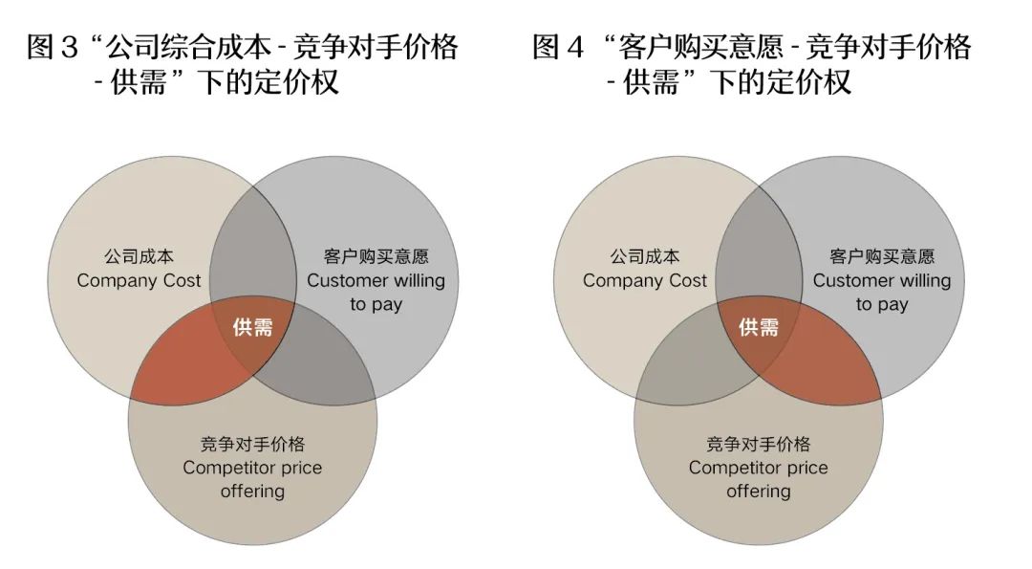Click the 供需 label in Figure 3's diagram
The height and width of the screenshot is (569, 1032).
coord(252,327)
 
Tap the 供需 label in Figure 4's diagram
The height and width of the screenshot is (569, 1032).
coord(759,327)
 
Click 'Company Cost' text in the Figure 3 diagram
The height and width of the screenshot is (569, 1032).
coord(139,280)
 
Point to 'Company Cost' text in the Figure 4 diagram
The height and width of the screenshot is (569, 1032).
coord(645,280)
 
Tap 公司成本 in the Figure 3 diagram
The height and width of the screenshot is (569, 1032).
coord(139,257)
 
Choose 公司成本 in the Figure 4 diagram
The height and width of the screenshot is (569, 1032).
coord(645,257)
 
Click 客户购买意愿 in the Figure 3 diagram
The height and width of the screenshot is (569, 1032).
coord(376,257)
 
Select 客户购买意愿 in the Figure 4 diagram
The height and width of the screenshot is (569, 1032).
coord(882,257)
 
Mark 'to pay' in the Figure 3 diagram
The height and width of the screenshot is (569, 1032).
coord(376,304)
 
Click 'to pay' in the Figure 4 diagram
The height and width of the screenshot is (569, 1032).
coord(882,304)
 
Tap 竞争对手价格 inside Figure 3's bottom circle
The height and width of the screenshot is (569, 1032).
coord(252,445)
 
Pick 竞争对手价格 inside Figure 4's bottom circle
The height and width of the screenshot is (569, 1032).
coord(759,445)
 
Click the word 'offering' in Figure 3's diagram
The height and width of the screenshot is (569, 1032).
coord(252,492)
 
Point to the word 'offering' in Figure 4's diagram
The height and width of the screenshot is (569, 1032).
coord(759,492)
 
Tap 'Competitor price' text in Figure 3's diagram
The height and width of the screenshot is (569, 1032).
coord(252,468)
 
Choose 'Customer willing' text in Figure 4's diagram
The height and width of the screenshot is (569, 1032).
coord(882,280)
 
